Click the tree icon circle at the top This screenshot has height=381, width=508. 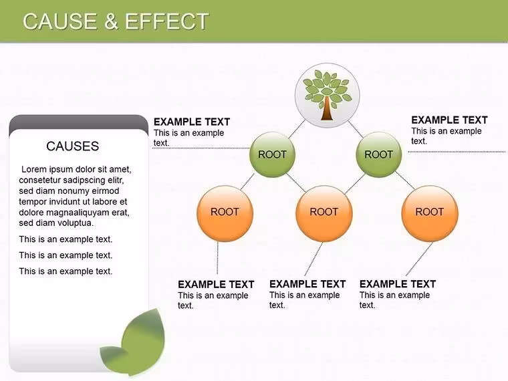tap(328, 95)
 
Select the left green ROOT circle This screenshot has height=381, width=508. tap(273, 154)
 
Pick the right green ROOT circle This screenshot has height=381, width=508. tap(379, 154)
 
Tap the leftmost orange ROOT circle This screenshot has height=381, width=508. tap(225, 213)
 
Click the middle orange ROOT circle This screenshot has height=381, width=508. tap(324, 213)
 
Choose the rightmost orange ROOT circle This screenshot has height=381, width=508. tap(430, 213)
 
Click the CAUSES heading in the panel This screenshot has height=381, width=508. tap(73, 146)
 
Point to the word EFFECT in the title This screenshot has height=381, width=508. tap(167, 21)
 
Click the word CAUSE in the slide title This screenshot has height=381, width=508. tap(60, 21)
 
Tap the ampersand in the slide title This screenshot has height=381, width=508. tap(111, 21)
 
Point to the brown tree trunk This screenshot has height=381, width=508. tap(327, 108)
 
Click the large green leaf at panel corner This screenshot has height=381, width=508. tap(142, 341)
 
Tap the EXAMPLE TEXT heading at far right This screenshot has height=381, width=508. tap(449, 120)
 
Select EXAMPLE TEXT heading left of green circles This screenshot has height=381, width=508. tap(192, 122)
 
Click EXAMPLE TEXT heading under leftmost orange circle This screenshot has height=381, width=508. tap(216, 285)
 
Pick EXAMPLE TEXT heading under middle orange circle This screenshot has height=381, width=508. tap(307, 284)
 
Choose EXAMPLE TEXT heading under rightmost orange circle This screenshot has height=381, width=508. tap(398, 284)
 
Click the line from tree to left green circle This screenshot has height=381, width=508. tap(297, 129)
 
